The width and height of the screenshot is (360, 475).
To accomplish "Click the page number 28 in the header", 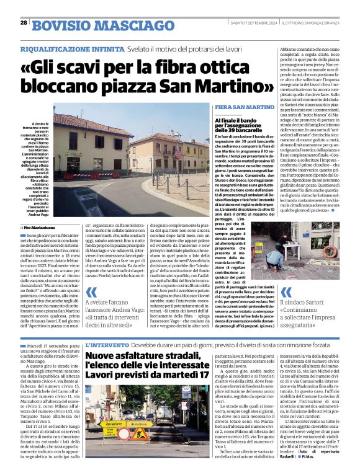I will tap(24, 22).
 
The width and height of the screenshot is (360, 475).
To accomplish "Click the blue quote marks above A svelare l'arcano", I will tap(93, 294).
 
